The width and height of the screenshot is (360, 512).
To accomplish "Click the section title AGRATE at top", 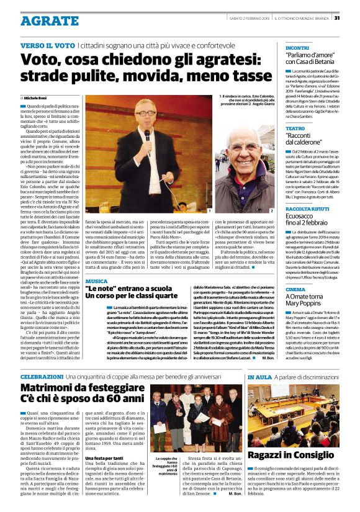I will tap(47, 20).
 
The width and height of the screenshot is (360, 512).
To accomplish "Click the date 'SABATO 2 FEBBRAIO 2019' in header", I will tap(251, 18).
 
